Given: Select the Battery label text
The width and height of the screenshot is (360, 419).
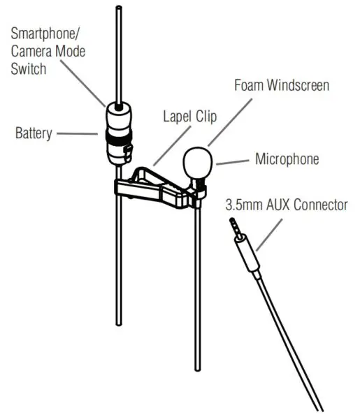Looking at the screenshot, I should pyautogui.click(x=34, y=132).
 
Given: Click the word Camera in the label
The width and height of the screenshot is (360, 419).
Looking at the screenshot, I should pyautogui.click(x=30, y=51).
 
